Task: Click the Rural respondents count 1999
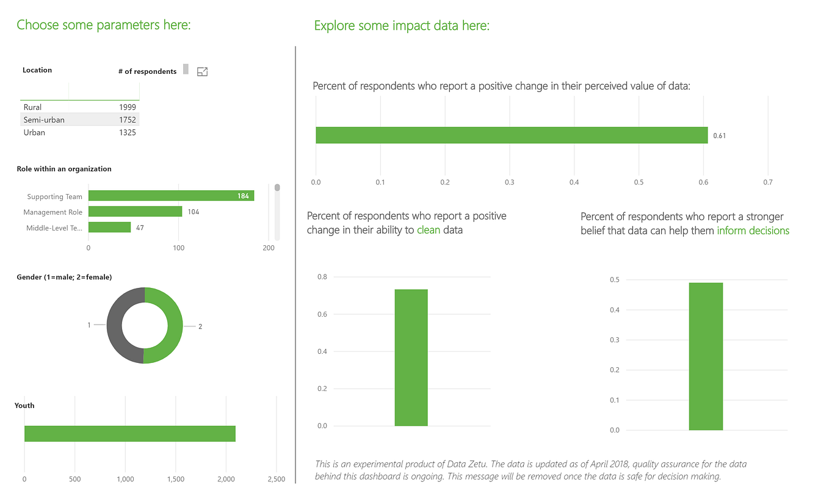point(128,107)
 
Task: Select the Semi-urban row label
point(44,120)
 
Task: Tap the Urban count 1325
point(128,132)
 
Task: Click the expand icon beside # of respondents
point(202,71)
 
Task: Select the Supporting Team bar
point(172,196)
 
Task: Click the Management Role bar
point(135,212)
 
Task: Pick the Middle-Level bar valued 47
point(109,227)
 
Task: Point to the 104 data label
point(193,212)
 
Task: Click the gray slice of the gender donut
point(115,325)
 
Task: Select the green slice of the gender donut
point(175,325)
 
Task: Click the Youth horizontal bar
point(130,434)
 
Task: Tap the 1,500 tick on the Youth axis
point(175,479)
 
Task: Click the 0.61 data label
point(719,135)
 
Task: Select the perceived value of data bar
point(512,135)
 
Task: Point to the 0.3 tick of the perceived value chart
point(510,182)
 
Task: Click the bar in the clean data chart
point(411,357)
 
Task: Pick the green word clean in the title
point(429,230)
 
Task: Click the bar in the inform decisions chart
point(706,356)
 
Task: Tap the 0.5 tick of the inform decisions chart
point(614,279)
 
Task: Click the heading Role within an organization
point(64,169)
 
